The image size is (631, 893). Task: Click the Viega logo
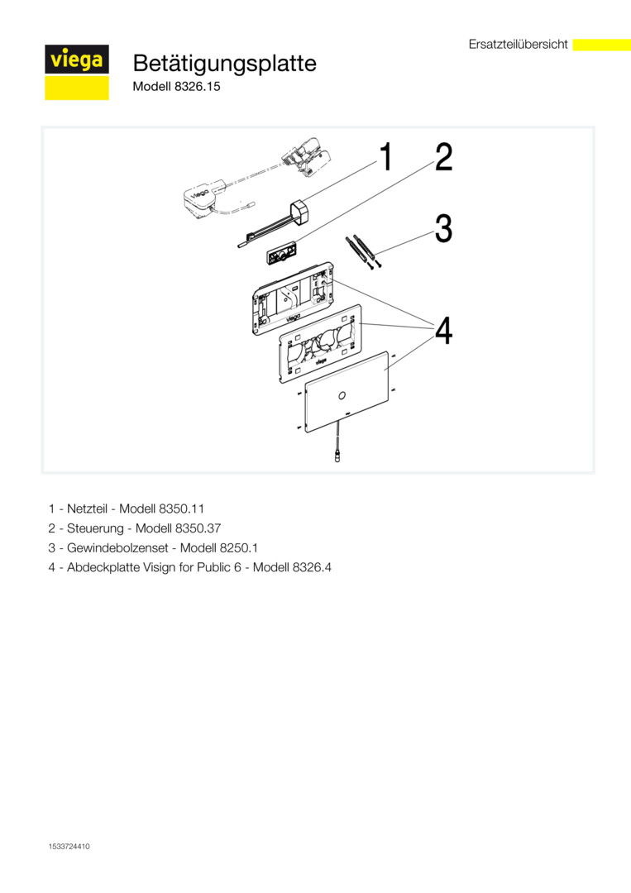pos(76,61)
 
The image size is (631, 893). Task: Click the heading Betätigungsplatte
pos(224,64)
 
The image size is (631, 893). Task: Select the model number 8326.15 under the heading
pos(198,85)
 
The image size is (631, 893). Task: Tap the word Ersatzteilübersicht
pos(518,45)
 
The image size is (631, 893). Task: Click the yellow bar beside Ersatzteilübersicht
pos(601,45)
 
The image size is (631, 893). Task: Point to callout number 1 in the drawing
pos(385,156)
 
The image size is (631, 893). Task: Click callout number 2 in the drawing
pos(444,157)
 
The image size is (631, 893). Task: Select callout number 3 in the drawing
pos(444,229)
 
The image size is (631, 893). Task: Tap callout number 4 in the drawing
pos(444,332)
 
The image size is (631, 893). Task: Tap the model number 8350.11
pos(181,507)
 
